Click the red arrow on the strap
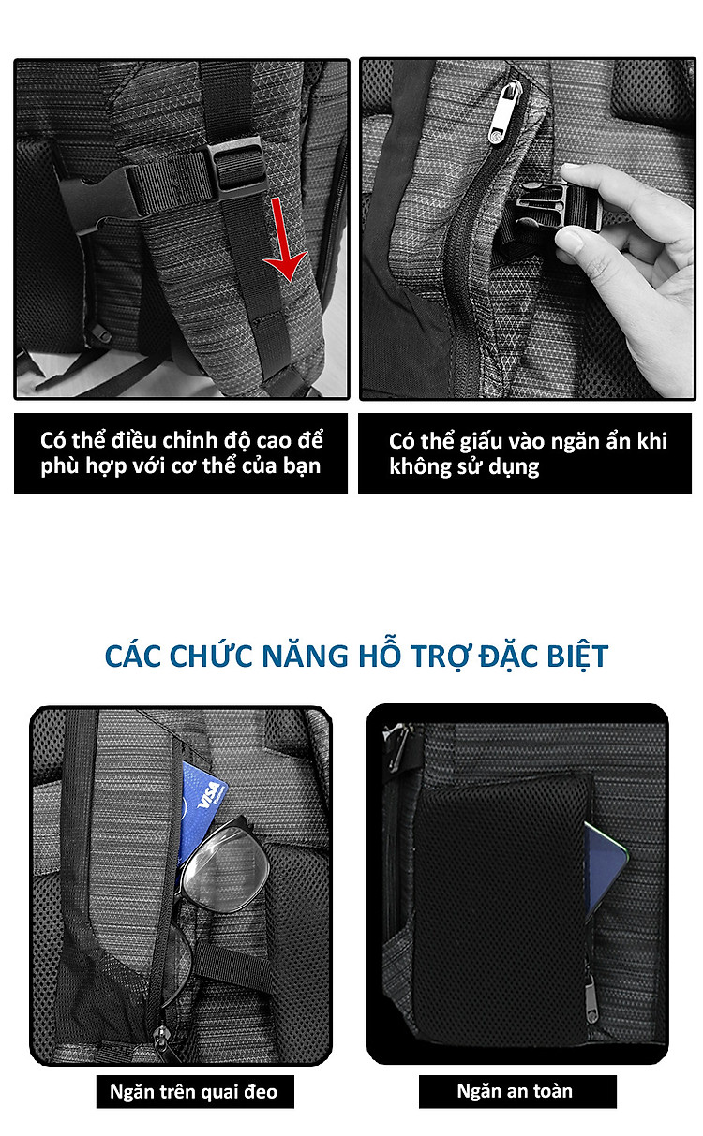tap(283, 239)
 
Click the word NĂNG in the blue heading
tap(305, 656)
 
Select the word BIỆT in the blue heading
tap(577, 657)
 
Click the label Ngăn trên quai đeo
tap(193, 1091)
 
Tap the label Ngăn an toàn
tap(515, 1091)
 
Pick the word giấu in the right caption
tap(482, 441)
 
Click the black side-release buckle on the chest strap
tap(97, 203)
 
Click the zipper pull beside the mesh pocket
tap(591, 1000)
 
